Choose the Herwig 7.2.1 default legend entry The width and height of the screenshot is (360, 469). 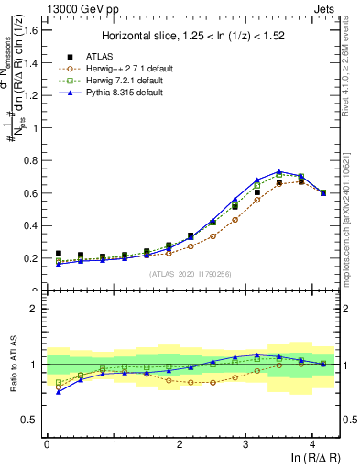(117, 81)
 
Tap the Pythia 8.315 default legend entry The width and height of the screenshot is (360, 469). (116, 93)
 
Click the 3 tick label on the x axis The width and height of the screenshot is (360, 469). (245, 444)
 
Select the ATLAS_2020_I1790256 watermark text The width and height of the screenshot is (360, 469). (191, 274)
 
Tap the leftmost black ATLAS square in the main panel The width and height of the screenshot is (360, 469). (59, 254)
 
